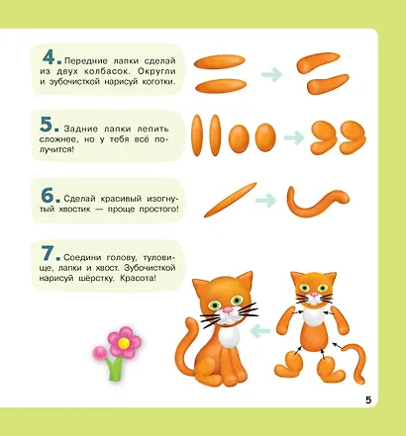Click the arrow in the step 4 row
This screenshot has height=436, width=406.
click(268, 72)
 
